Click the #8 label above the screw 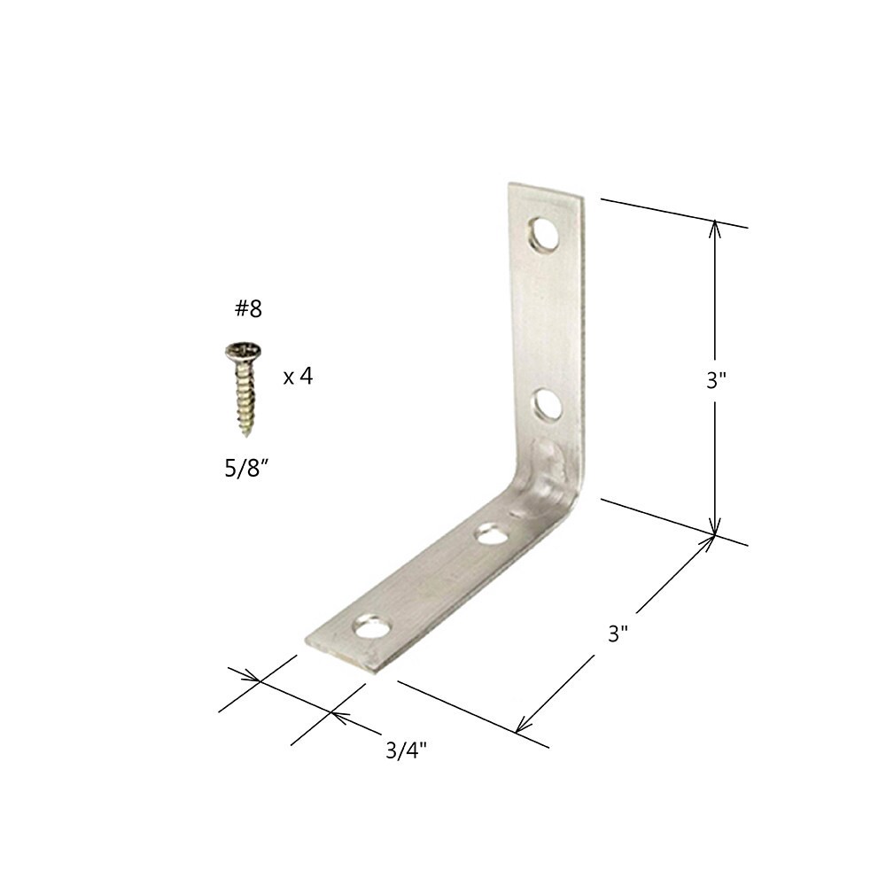pos(244,309)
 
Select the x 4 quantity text pos(298,377)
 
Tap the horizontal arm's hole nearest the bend pos(491,534)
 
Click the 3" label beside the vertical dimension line pos(716,380)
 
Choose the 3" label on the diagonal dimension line pos(618,634)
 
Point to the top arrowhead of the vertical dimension pos(716,225)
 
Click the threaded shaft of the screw pos(244,393)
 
